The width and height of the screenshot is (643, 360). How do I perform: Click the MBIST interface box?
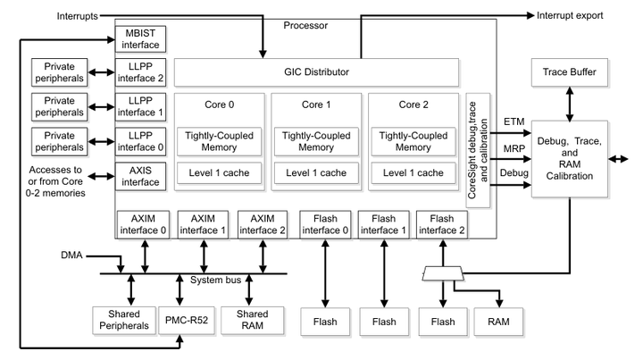click(x=140, y=38)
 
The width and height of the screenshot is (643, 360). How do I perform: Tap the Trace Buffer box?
click(x=569, y=71)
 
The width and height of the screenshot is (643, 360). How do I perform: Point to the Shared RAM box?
click(x=252, y=320)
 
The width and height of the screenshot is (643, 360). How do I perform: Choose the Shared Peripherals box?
click(x=123, y=320)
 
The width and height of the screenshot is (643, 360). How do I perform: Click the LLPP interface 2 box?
click(x=140, y=71)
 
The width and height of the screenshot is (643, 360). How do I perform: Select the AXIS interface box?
click(x=140, y=175)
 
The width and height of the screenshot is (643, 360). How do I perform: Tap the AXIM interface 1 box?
click(x=204, y=224)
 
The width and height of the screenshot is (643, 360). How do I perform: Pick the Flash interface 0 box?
click(x=325, y=224)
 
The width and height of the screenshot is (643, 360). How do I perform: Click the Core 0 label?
click(x=219, y=105)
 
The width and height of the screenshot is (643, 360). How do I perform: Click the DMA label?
click(x=71, y=255)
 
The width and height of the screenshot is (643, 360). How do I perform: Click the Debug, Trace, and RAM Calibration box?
click(x=569, y=158)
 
